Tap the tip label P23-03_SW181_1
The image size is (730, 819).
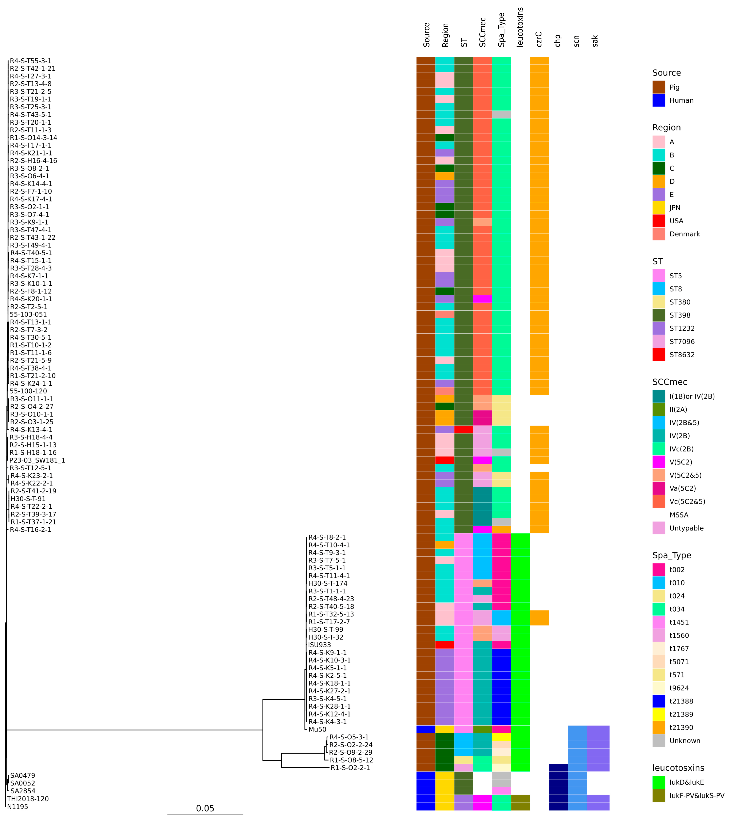click(x=37, y=461)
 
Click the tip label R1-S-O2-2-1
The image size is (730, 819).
click(x=350, y=768)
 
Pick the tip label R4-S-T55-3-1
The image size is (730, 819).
click(x=31, y=61)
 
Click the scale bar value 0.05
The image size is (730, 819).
click(x=205, y=808)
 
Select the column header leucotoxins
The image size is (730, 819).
click(x=520, y=27)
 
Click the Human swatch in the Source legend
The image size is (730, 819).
click(x=659, y=100)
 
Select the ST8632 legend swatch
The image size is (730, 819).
click(x=659, y=355)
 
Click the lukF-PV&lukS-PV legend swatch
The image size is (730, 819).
click(x=659, y=796)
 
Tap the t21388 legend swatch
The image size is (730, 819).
click(x=659, y=701)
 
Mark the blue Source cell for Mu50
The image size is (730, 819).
click(x=426, y=729)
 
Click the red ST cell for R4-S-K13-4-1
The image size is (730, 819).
click(x=464, y=430)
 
